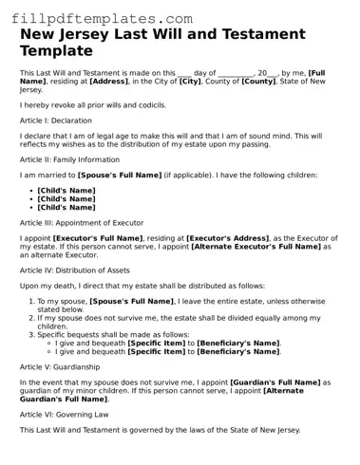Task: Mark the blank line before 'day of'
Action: tap(184, 73)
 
